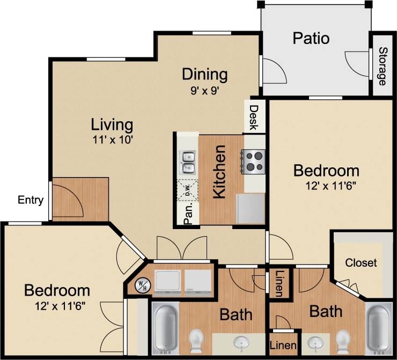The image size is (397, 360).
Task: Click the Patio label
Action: pos(311,39)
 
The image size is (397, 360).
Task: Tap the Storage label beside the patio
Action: pos(383,67)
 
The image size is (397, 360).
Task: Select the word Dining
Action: pos(204,74)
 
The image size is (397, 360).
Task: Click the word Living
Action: pos(112,125)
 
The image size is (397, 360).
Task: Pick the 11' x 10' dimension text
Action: pos(112,140)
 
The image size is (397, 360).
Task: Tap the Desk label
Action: pos(253,117)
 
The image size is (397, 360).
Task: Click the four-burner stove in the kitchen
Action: pos(254,161)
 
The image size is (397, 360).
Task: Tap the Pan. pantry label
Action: pos(188,214)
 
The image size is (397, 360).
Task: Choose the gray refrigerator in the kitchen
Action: pos(251,209)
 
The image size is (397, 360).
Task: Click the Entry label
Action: pos(31,200)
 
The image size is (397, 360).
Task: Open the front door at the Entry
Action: pos(67,201)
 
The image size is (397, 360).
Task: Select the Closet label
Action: pos(361,263)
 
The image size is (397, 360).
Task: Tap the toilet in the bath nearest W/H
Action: pos(196,341)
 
